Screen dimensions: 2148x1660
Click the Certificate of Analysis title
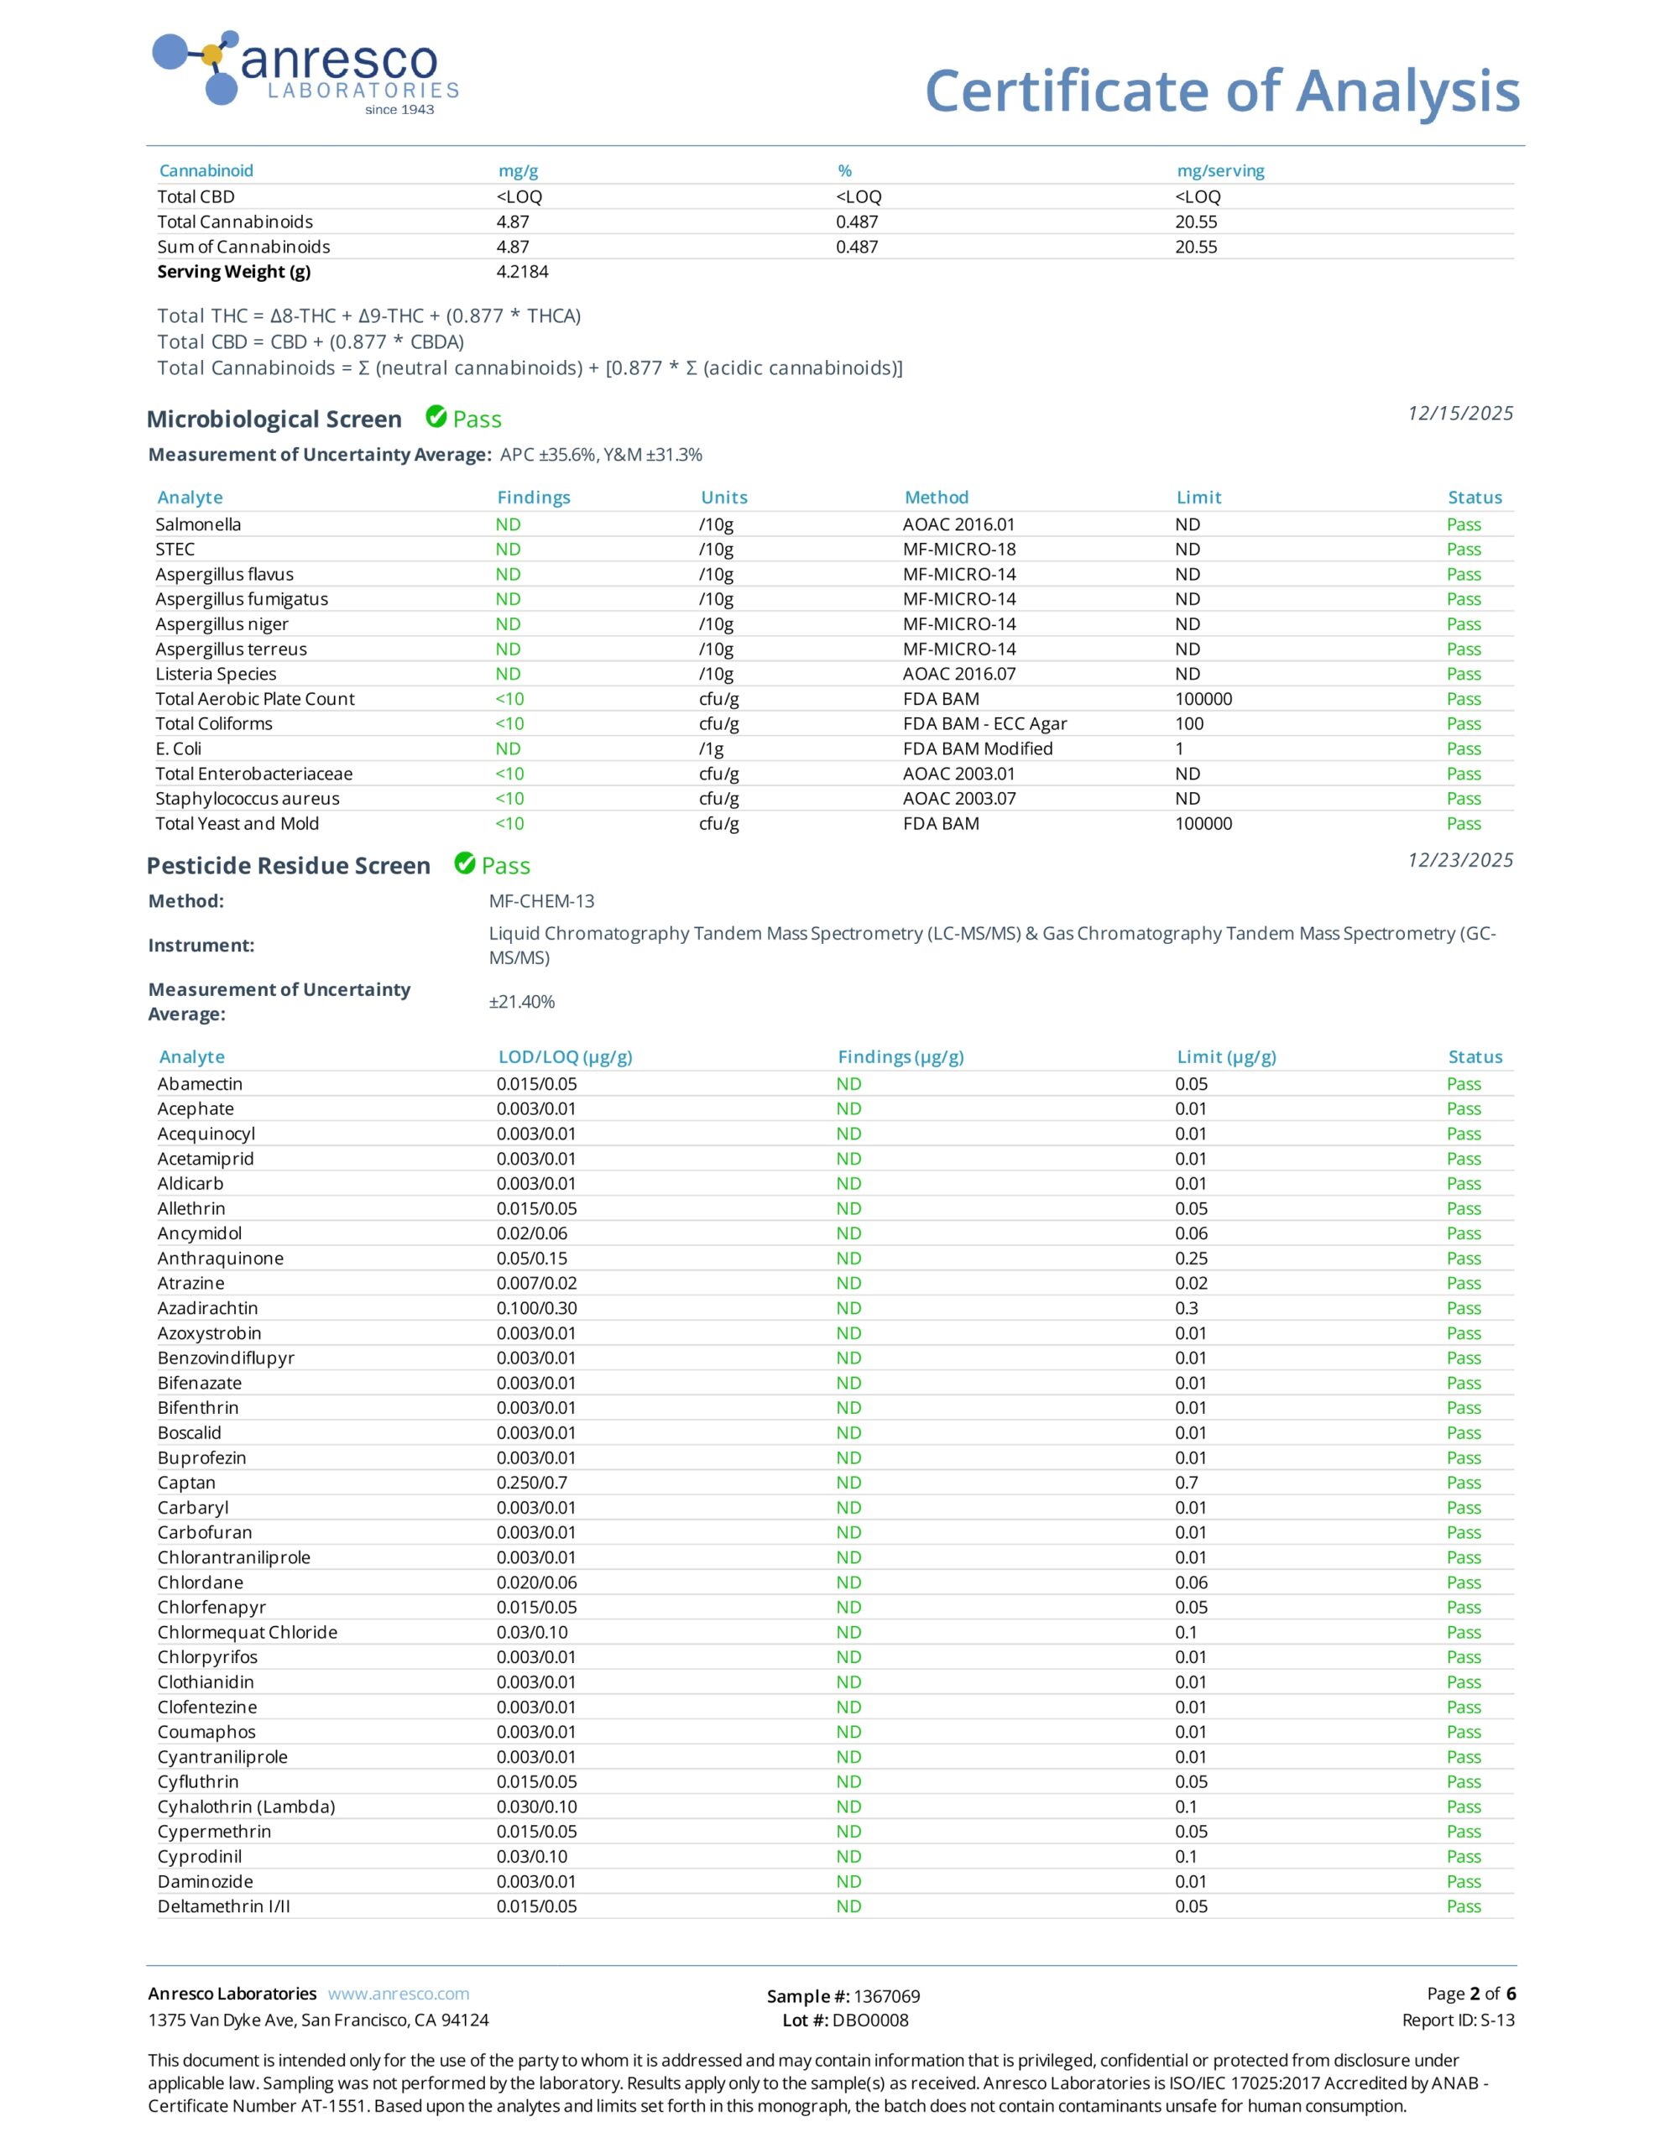[x=1221, y=91]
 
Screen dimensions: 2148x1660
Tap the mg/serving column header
[x=1220, y=171]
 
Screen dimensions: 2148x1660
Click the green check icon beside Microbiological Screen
[x=436, y=417]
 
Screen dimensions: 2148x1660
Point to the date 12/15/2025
[x=1459, y=413]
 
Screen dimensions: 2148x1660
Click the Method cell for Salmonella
[x=958, y=524]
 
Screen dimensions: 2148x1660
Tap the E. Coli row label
[x=178, y=748]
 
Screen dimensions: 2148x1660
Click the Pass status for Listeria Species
[x=1464, y=674]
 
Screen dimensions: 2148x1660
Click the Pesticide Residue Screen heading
[x=289, y=866]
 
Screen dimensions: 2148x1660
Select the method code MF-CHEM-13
[x=541, y=901]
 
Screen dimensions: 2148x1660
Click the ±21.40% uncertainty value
[x=521, y=1001]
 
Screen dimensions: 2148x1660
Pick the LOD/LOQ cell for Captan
[x=531, y=1482]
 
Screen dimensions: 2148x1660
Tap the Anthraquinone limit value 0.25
[x=1192, y=1258]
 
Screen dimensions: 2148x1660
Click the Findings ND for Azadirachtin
[x=848, y=1308]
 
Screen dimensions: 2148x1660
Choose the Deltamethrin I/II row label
[x=223, y=1906]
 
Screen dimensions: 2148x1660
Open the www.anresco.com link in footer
[x=399, y=1994]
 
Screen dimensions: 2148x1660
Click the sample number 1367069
[x=885, y=1996]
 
